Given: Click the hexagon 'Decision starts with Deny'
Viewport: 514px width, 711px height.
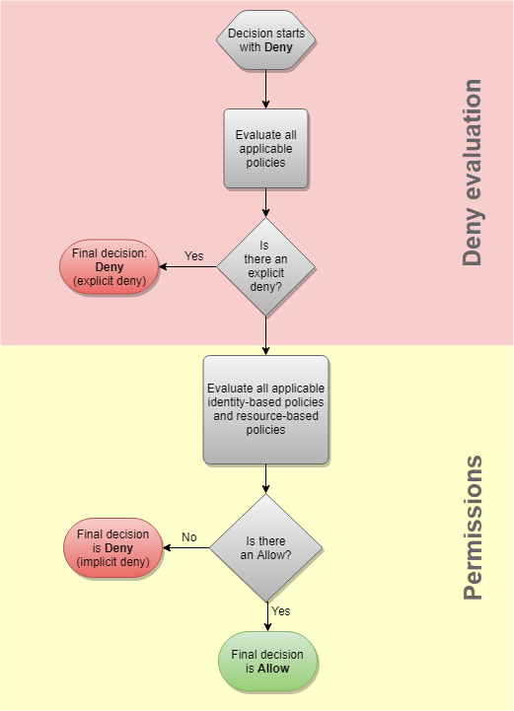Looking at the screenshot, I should [x=266, y=39].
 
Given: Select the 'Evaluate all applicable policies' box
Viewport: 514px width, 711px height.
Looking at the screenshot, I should [x=265, y=149].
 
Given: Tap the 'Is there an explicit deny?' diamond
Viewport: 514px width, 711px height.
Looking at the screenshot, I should [x=265, y=266].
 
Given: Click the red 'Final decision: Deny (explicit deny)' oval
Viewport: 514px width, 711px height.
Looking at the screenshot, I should [x=109, y=266].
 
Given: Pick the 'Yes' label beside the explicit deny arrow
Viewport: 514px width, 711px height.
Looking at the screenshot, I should [x=193, y=256].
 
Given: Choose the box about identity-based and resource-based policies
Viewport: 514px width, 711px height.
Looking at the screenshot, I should [x=265, y=409].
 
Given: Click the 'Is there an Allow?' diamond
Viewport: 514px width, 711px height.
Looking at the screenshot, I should [x=266, y=547].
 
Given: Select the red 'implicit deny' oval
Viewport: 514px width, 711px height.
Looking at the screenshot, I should [x=112, y=548].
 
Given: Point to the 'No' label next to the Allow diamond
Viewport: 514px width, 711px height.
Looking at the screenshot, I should [x=189, y=537].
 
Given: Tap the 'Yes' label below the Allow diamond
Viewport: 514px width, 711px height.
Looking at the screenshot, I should [x=280, y=611].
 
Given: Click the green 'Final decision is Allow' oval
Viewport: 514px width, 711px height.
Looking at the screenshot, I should [x=266, y=661].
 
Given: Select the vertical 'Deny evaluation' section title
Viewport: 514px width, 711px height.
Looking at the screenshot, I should [x=473, y=173].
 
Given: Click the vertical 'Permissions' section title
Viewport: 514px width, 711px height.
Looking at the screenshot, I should [x=473, y=528].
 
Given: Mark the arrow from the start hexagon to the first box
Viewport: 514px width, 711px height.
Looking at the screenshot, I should [x=266, y=89].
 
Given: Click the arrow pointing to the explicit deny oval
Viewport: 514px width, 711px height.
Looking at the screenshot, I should [x=187, y=266].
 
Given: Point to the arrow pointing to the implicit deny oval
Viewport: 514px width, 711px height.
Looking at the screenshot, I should [x=186, y=548].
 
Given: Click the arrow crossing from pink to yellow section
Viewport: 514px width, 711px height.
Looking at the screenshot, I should [x=266, y=335].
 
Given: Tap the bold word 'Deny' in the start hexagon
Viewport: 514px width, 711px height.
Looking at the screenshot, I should [x=278, y=46].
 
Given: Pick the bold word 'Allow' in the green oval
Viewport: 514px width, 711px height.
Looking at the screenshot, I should [x=274, y=668].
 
